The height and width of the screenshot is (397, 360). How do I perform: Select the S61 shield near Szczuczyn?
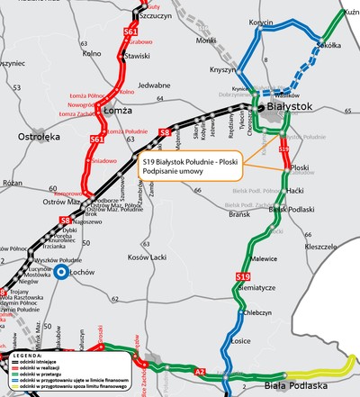tap(130, 32)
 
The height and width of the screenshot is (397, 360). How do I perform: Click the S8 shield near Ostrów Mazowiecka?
tap(65, 220)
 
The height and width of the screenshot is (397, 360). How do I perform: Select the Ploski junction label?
tap(301, 167)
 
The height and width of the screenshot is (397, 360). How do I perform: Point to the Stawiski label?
tap(138, 56)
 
